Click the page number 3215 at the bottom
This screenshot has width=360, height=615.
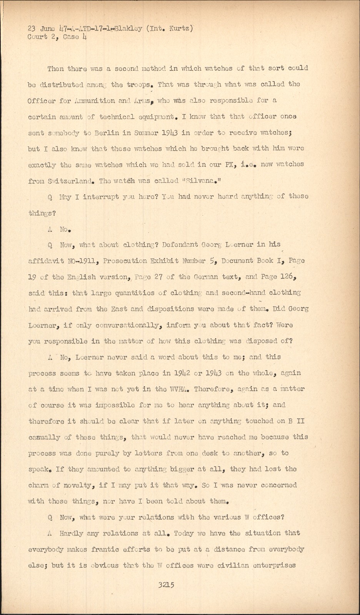tap(166, 585)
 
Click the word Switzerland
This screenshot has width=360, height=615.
tap(68, 181)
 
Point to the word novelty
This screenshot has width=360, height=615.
tap(78, 485)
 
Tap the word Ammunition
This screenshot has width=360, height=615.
tap(93, 101)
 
